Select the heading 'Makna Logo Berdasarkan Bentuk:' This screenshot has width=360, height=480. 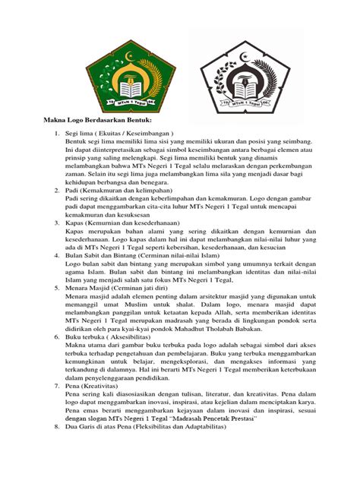[97, 120]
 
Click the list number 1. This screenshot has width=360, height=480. [55, 133]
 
